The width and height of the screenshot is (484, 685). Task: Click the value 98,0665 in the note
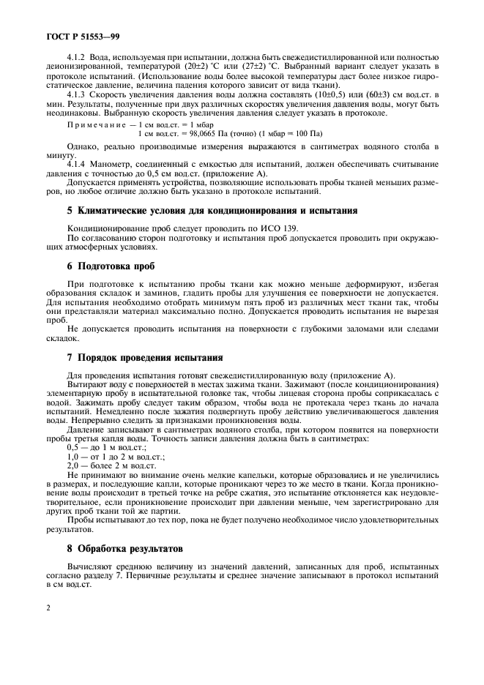[220, 134]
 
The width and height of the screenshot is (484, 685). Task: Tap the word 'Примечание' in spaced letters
[90, 125]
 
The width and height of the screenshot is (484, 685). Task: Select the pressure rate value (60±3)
[381, 96]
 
